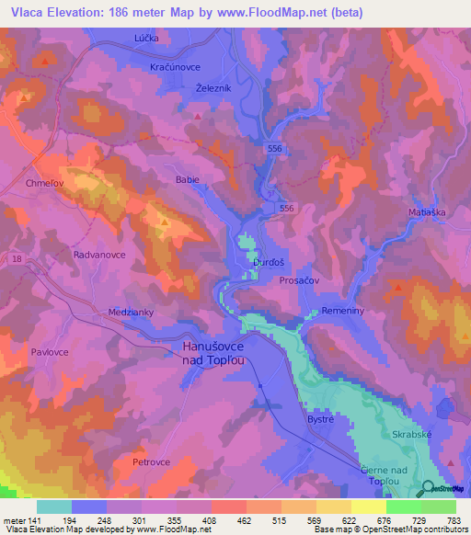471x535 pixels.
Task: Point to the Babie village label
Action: (187, 180)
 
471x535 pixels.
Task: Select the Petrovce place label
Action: (152, 461)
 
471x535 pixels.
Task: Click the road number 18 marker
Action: (17, 262)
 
